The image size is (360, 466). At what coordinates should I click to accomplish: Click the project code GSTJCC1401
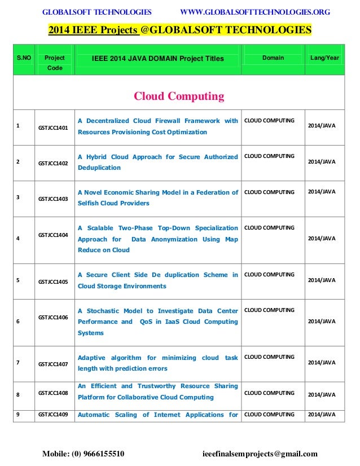(x=53, y=128)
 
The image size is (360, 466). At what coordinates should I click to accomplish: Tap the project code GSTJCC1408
(x=53, y=392)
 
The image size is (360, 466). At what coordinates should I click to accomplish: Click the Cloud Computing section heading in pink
(x=179, y=96)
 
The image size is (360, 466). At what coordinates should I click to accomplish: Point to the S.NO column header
(x=24, y=58)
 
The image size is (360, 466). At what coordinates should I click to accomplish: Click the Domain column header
(x=273, y=58)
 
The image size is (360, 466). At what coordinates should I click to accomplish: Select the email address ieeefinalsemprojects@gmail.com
(x=260, y=454)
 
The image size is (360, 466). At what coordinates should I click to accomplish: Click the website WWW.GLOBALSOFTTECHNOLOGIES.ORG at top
(x=254, y=12)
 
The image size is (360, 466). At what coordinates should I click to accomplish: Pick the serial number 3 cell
(x=18, y=197)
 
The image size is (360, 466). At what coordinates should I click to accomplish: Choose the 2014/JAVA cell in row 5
(x=322, y=280)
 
